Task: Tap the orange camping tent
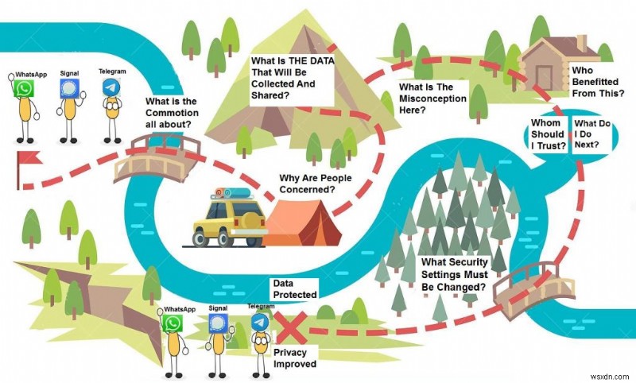302,222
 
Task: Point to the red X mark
290,327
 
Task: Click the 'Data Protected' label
294,288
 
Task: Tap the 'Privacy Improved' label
294,358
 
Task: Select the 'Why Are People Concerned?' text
316,184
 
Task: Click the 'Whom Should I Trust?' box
549,134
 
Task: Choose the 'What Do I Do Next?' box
593,134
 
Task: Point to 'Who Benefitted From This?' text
599,81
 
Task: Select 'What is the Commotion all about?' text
172,112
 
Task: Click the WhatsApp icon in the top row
25,88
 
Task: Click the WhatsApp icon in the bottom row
173,323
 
